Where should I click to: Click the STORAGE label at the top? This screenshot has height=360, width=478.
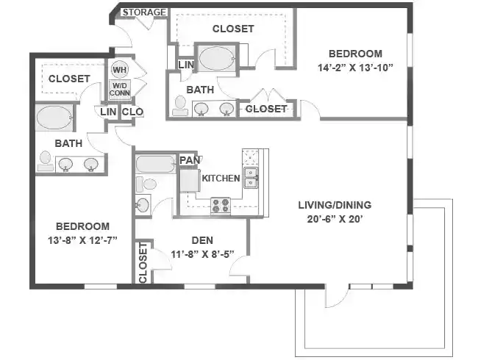tap(144, 12)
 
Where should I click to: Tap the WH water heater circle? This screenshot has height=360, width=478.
tap(120, 70)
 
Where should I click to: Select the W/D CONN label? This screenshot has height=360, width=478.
tap(120, 90)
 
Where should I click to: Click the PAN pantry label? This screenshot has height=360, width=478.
tap(188, 160)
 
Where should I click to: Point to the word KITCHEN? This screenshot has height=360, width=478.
tap(221, 179)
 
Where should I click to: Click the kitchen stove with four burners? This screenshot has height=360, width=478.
tap(221, 206)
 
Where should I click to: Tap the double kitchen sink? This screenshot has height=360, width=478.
tap(252, 177)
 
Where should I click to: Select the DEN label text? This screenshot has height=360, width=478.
tap(202, 240)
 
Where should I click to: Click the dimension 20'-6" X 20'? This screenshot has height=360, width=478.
tap(334, 218)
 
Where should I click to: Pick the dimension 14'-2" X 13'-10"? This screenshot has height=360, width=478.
tap(355, 68)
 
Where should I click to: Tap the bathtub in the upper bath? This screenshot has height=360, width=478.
tap(216, 58)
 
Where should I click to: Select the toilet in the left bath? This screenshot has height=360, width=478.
tap(46, 159)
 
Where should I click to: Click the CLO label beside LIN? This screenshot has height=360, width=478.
tap(132, 112)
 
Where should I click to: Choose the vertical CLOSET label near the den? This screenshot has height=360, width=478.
tap(143, 262)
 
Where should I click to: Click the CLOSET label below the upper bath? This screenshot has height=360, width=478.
tap(265, 109)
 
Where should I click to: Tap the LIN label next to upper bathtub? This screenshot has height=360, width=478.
tap(186, 65)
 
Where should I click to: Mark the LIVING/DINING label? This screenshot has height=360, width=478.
tap(334, 205)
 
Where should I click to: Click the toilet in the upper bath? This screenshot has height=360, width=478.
tap(180, 107)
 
